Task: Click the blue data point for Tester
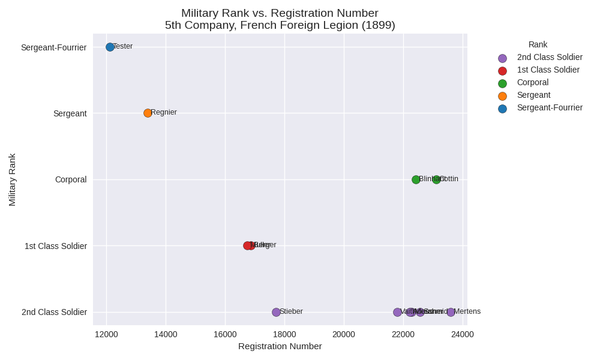point(110,47)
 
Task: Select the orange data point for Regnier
point(148,113)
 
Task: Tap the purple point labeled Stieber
point(276,312)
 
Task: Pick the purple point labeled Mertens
point(451,312)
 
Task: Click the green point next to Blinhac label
point(416,179)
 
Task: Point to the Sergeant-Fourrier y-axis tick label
point(53,47)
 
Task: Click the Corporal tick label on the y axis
point(71,179)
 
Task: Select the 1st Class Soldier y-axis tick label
point(56,246)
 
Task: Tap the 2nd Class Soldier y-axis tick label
point(54,312)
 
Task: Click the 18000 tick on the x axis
point(284,334)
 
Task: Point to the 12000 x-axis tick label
point(106,334)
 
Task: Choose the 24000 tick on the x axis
point(463,334)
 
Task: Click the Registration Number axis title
point(280,346)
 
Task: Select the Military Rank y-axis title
point(12,179)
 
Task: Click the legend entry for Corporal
point(532,82)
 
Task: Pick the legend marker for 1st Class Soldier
point(502,71)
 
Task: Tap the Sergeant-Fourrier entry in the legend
point(550,107)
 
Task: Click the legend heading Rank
point(538,44)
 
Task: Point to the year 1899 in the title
point(380,25)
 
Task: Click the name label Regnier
point(164,112)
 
